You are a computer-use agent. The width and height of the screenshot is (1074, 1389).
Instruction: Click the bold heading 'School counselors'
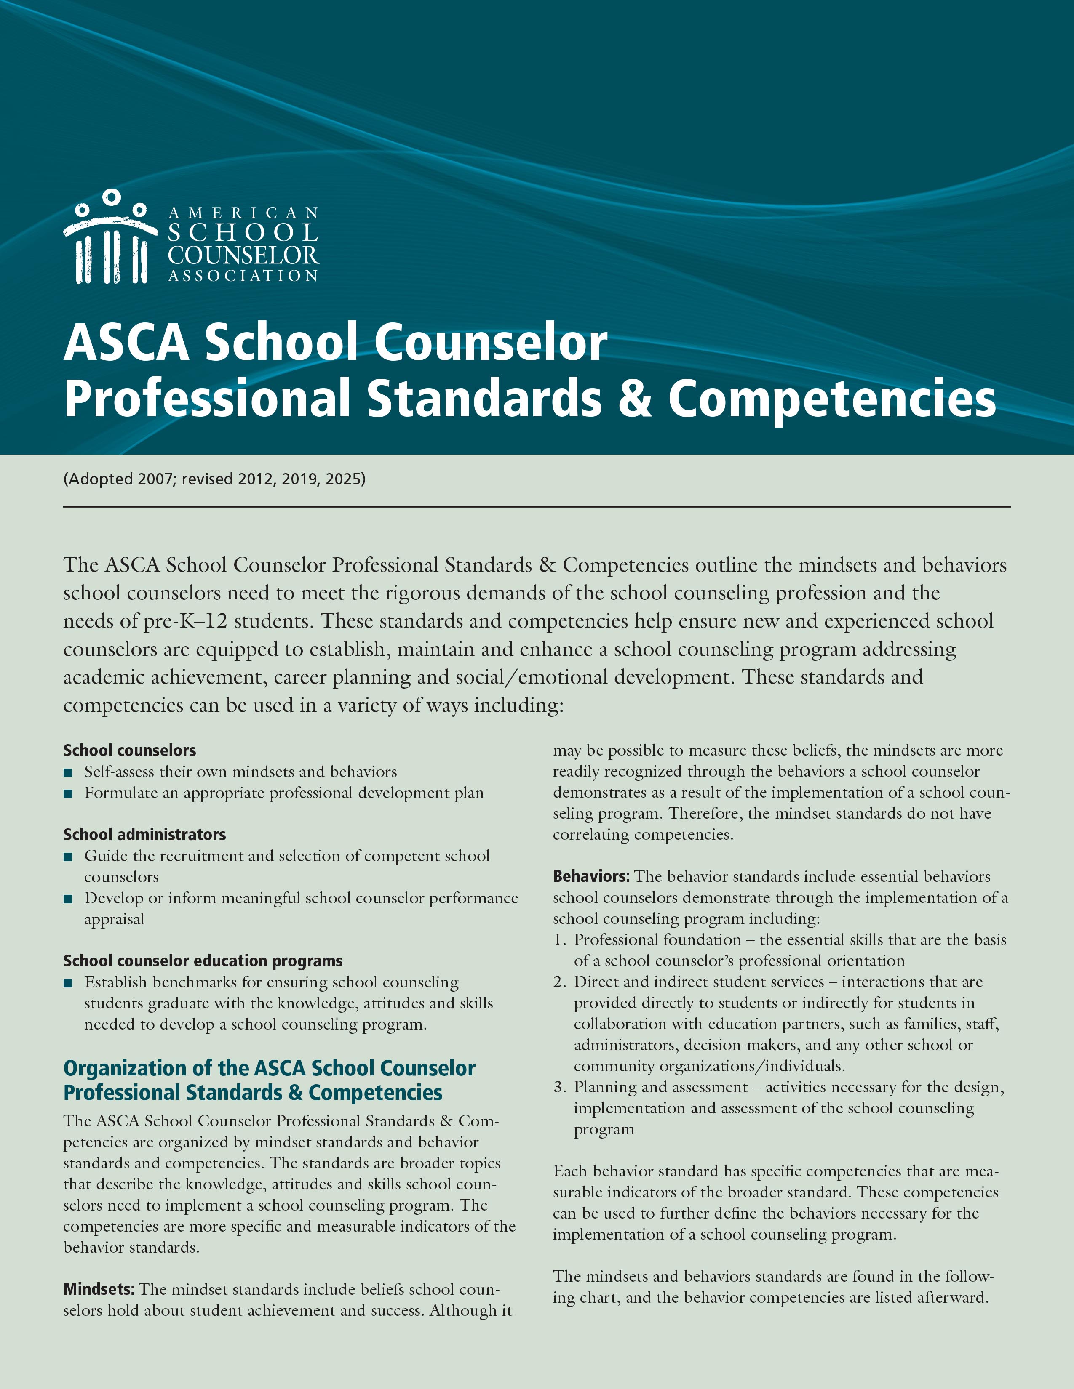(x=130, y=750)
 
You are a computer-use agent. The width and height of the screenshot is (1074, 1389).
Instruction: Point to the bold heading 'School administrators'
(x=144, y=834)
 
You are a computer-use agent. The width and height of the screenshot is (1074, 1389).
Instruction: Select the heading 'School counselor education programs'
(x=203, y=961)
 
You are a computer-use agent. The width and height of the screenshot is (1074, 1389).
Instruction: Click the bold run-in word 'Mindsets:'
(x=99, y=1289)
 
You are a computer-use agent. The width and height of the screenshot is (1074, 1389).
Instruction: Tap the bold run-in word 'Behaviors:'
(x=591, y=876)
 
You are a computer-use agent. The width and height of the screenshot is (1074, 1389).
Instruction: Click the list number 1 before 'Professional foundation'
(x=559, y=940)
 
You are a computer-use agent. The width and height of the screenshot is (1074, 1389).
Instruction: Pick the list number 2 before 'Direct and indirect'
(x=559, y=982)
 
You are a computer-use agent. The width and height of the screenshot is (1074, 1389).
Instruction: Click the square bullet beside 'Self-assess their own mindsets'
(x=68, y=773)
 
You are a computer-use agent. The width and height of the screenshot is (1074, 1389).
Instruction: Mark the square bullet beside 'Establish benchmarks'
(x=68, y=983)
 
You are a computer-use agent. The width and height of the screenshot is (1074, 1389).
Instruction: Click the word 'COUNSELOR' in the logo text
(x=243, y=255)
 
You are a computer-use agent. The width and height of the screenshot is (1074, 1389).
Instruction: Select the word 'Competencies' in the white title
(x=831, y=399)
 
